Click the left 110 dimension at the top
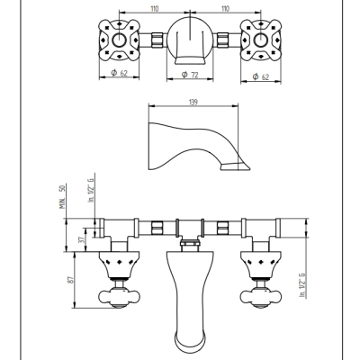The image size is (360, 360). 154,9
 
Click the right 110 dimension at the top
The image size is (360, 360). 225,9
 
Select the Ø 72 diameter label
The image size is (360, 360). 190,75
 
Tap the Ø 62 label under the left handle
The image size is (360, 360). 119,73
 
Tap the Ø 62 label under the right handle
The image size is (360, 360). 261,76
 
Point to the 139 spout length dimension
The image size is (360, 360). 193,102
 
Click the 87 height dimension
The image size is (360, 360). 71,280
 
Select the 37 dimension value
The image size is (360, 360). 80,240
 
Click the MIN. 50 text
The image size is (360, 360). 62,197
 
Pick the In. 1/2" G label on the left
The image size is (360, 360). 91,190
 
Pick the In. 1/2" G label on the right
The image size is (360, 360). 301,285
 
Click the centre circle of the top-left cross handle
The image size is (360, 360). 120,40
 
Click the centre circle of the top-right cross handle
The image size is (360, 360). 261,40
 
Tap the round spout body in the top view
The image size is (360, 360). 190,40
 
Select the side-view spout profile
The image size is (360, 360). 199,146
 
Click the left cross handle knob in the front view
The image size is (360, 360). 120,297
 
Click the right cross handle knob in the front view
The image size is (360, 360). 261,297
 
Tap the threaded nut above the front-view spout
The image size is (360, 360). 190,242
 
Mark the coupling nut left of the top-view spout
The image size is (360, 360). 157,40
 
